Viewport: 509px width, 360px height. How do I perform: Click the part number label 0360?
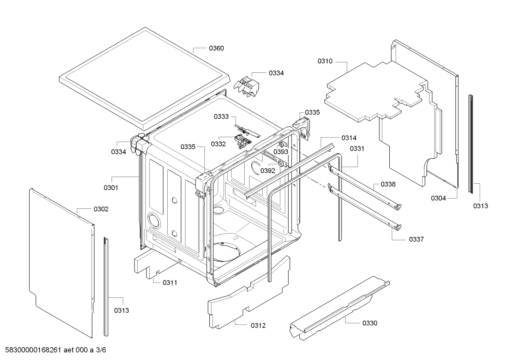216,48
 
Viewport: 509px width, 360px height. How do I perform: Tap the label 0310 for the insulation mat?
325,61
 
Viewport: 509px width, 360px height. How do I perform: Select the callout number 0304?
438,198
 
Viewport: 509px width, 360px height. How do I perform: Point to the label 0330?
370,323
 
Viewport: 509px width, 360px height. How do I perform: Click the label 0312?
258,325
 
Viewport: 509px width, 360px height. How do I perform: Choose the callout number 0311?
170,282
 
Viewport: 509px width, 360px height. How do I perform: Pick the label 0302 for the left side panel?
101,209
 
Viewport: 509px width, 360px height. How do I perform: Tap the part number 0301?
111,188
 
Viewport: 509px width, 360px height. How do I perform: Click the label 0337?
416,239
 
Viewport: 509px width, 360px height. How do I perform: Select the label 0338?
388,184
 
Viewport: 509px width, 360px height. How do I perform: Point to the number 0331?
357,148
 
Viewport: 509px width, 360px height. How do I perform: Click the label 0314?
349,138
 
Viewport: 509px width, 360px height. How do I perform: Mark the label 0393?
281,152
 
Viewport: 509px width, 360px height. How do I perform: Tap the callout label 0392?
268,171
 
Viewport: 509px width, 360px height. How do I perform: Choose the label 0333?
221,117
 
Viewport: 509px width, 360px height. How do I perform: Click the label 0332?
218,144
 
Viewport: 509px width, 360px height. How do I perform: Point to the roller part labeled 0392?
281,164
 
